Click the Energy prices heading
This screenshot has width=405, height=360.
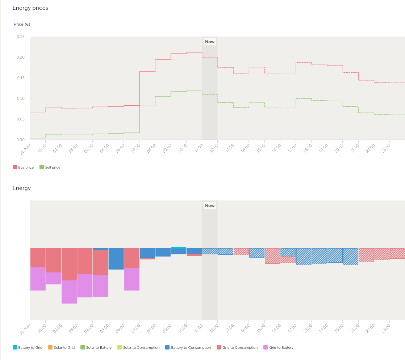tap(30, 8)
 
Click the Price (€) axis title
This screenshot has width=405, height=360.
tap(22, 24)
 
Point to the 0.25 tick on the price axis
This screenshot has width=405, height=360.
tap(21, 37)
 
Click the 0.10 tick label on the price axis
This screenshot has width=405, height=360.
tap(21, 98)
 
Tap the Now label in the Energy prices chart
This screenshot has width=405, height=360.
tap(210, 42)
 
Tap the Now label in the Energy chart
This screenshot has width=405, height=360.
tap(210, 206)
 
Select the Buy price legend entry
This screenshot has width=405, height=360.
tap(23, 167)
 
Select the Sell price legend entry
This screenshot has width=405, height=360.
tap(50, 167)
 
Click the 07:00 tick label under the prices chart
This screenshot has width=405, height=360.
tap(136, 148)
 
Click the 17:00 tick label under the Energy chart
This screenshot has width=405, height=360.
tap(292, 328)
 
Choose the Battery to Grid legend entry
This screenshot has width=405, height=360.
tap(28, 348)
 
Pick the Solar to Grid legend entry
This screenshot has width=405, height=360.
tap(62, 348)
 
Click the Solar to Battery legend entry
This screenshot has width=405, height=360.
tap(96, 348)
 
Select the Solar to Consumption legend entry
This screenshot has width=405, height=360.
tap(138, 348)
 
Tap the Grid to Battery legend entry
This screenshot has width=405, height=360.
tap(279, 348)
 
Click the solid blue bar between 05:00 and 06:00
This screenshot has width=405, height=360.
tap(116, 259)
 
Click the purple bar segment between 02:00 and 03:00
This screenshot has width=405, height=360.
tap(69, 292)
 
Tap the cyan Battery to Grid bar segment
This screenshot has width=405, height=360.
tap(179, 248)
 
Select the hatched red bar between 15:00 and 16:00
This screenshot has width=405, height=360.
tap(272, 256)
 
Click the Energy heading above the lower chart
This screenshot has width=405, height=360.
tap(22, 188)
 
